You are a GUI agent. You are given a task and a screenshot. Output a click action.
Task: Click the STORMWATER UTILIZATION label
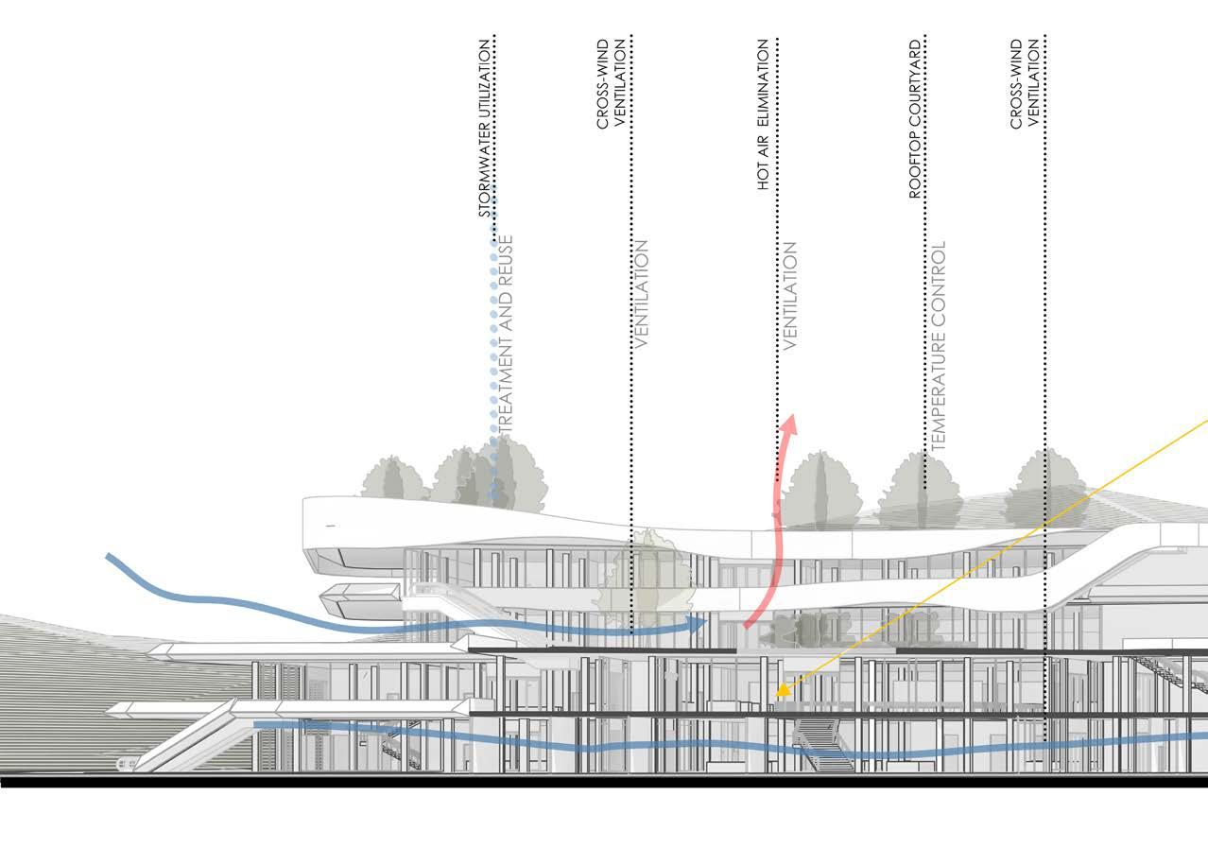(484, 129)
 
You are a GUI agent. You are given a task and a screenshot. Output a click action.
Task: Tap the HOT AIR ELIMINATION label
(764, 115)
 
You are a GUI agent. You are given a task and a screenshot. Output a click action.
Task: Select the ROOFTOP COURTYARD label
(914, 119)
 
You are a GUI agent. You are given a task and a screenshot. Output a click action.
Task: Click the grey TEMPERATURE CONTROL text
(938, 345)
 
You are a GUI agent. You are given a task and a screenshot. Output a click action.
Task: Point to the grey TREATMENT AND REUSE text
(505, 336)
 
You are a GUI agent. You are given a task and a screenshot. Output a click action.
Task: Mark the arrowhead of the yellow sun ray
(781, 694)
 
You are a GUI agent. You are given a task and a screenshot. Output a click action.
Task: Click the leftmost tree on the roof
(392, 478)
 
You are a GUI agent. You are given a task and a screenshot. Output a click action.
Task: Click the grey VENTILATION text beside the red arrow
(790, 295)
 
